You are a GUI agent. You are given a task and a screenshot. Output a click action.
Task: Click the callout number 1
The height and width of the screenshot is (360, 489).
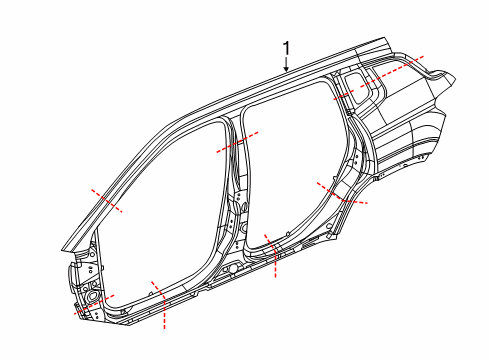(x=287, y=47)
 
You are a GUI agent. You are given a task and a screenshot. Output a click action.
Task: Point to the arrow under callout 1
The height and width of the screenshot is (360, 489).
(x=287, y=66)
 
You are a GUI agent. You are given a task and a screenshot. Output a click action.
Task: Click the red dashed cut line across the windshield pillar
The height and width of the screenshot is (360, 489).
(x=107, y=199)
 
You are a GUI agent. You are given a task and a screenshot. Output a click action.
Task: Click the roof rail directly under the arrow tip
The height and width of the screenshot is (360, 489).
(x=287, y=76)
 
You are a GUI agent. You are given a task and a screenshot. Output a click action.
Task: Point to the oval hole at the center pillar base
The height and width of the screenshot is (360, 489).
(x=232, y=269)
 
